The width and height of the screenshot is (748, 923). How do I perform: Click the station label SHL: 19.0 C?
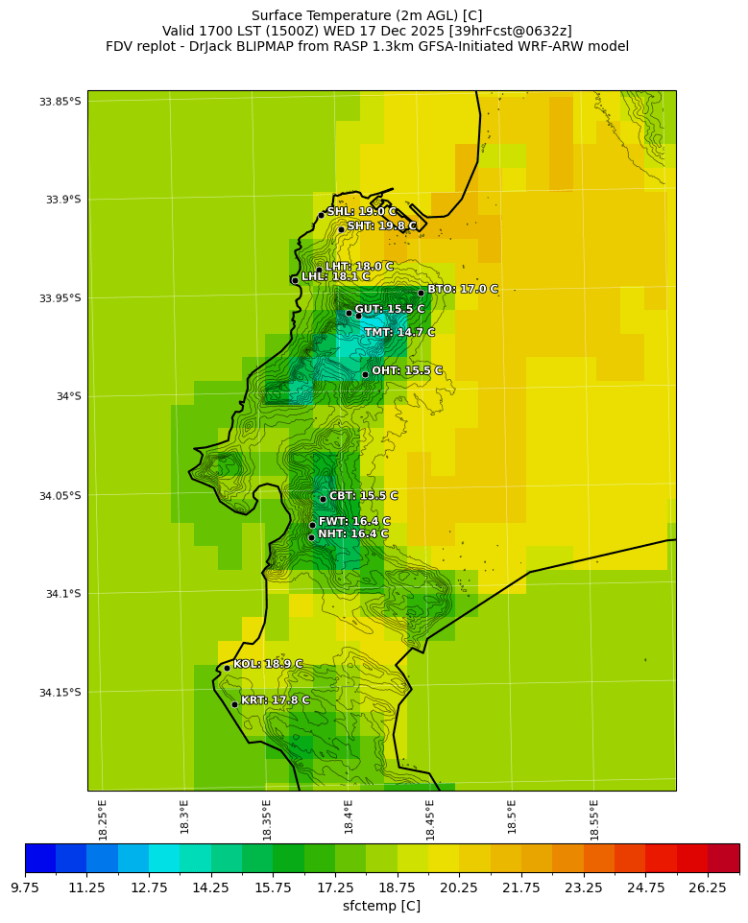(x=361, y=212)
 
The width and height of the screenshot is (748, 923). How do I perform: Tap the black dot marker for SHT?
(x=341, y=229)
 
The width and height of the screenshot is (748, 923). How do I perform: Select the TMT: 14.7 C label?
(x=399, y=333)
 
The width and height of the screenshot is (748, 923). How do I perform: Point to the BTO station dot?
(x=421, y=293)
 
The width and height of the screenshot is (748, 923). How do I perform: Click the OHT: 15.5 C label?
(x=407, y=370)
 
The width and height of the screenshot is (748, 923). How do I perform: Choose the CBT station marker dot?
(x=323, y=499)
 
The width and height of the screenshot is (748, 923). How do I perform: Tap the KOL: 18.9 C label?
(x=268, y=664)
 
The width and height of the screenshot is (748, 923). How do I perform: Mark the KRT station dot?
(x=234, y=704)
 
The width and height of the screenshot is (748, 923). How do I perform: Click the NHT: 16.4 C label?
(x=353, y=534)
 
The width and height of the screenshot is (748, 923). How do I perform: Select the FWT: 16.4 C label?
(x=354, y=522)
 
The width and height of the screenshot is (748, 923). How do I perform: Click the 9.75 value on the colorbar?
(x=25, y=888)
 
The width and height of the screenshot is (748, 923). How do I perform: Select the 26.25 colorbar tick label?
(x=709, y=888)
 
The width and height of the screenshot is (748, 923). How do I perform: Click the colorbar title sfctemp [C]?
(x=381, y=906)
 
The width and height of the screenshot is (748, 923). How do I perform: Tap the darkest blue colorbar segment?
(x=40, y=857)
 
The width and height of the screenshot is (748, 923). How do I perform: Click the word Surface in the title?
(x=277, y=15)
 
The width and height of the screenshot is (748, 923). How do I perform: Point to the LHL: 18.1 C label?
(x=335, y=276)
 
